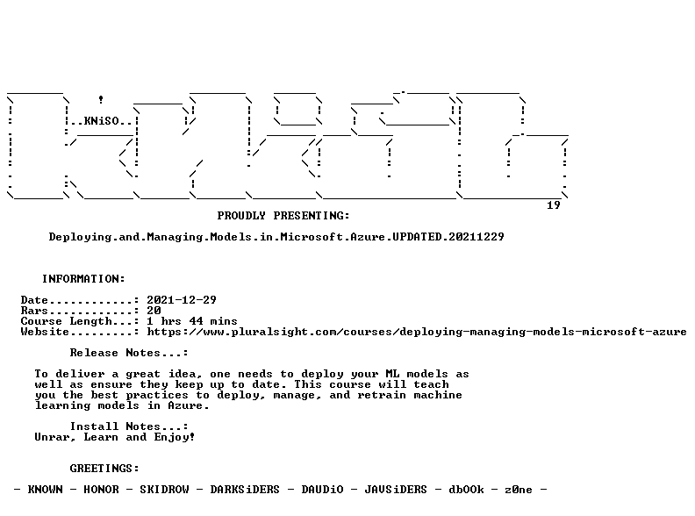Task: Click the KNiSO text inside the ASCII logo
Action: [x=102, y=121]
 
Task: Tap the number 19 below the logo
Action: [x=554, y=205]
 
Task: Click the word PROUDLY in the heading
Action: [x=241, y=216]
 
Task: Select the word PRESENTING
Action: [x=312, y=216]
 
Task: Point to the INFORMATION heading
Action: [x=83, y=279]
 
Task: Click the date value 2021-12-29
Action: [x=182, y=300]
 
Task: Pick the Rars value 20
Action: [x=154, y=311]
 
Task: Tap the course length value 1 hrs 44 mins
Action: [x=192, y=321]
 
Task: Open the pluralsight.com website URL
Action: [x=417, y=332]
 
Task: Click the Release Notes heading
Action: [x=129, y=353]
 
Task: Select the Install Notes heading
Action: [x=129, y=426]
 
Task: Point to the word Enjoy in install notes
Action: [x=175, y=438]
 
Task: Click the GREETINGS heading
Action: [x=104, y=469]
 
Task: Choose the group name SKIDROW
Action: [x=164, y=490]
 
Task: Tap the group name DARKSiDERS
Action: [x=245, y=490]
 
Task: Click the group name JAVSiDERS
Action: [x=396, y=490]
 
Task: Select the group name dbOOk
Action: [x=466, y=490]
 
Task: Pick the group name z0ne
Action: [x=519, y=490]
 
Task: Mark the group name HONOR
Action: [x=102, y=490]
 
